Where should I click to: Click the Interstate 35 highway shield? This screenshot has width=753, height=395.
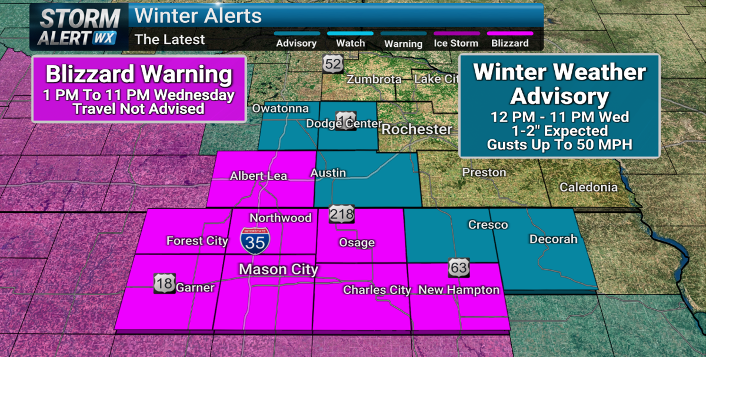coord(255,241)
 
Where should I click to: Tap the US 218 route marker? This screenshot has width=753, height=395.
coord(342,214)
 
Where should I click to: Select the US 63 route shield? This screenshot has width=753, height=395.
coord(459,267)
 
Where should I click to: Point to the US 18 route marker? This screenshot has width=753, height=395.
coord(165,283)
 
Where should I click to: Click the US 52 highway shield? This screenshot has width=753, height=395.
coord(333,63)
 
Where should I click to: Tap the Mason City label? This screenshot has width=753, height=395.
coord(278,270)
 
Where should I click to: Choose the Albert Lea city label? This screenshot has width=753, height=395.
coord(258,176)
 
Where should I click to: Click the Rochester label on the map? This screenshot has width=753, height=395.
coord(417,129)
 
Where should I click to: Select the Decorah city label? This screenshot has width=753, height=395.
coord(553,239)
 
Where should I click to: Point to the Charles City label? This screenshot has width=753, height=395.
coord(377,290)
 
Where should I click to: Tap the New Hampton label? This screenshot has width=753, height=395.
coord(459,290)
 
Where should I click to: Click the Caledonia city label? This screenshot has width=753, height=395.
coord(588,188)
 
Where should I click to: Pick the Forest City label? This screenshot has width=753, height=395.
coord(197,240)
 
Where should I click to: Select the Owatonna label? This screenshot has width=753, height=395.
coord(281,108)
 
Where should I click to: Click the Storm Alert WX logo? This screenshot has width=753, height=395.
coord(79,27)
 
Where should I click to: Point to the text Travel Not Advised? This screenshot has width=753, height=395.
coord(139,109)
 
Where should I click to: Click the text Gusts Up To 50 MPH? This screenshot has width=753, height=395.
coord(559,145)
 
